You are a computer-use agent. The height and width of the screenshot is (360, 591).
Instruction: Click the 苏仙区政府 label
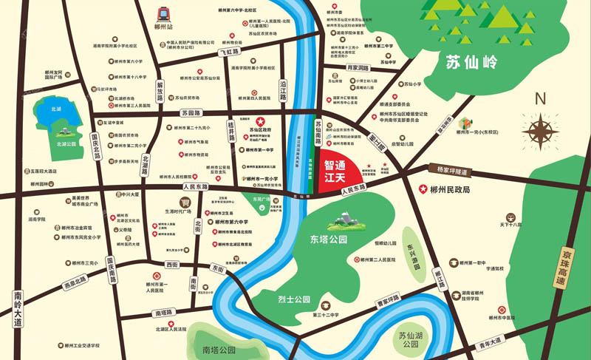click(260, 129)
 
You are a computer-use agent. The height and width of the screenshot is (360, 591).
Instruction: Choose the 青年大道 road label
click(488, 341)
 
